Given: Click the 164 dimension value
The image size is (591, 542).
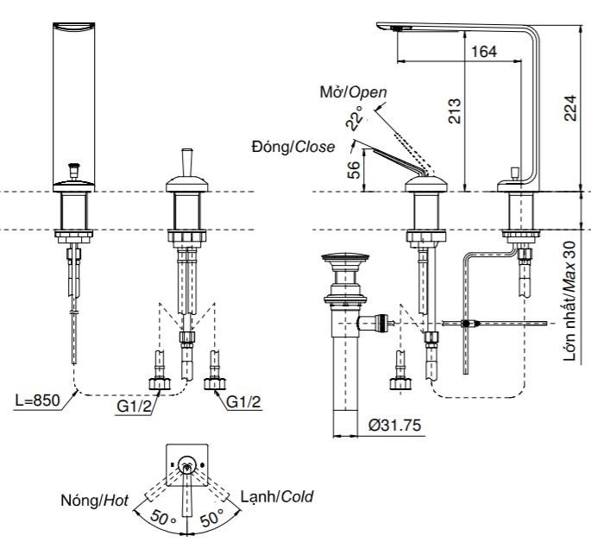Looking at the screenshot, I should click(485, 53).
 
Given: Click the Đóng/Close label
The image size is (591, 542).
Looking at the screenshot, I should click(292, 147).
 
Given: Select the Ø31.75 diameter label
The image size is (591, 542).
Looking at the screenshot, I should click(393, 426).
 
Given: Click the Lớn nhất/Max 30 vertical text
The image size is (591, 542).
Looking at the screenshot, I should click(570, 301).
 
